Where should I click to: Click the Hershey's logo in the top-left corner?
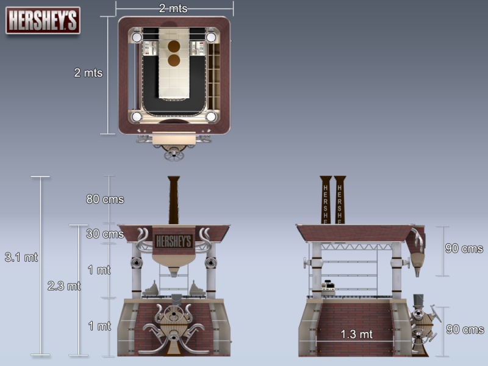point(43,20)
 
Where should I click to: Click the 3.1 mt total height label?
point(21,257)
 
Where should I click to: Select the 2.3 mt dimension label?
point(64,285)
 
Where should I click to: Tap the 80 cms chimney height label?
point(105,199)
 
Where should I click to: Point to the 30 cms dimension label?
point(105,234)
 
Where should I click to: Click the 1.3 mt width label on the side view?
point(356,334)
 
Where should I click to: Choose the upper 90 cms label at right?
point(464,248)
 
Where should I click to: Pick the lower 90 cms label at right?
point(465,329)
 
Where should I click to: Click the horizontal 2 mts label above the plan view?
point(173,9)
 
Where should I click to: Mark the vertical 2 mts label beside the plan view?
point(88,73)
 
